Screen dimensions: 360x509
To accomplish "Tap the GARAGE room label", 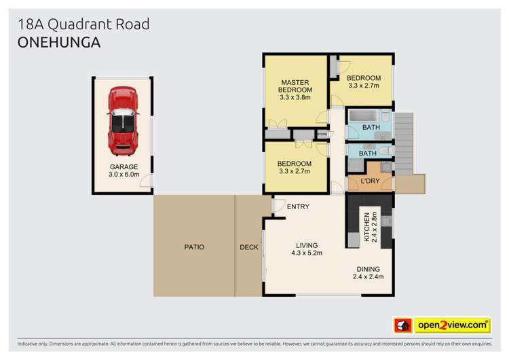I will click(x=124, y=166).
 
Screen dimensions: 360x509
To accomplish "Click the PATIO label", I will click(x=193, y=247).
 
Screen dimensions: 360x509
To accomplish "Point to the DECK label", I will click(x=249, y=247).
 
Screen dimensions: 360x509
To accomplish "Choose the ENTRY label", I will click(x=298, y=207).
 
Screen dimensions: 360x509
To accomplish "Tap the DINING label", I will click(x=368, y=268).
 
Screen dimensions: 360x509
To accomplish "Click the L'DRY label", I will click(x=370, y=182).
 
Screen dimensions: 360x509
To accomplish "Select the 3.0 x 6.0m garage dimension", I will click(x=124, y=175).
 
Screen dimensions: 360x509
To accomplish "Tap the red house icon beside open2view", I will click(x=403, y=325).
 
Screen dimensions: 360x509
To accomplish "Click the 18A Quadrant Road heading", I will click(x=83, y=24).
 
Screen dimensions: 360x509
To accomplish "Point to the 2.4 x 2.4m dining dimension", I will click(x=368, y=276).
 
